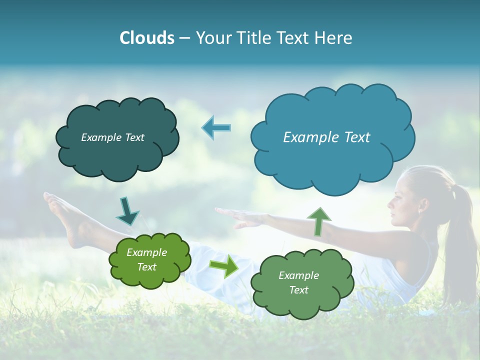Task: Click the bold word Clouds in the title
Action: (x=146, y=38)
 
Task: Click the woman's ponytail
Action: (x=459, y=235)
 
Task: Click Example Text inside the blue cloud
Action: (x=326, y=137)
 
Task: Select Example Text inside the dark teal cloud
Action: (x=112, y=137)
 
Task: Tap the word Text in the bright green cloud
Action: (x=147, y=267)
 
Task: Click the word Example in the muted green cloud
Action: (x=298, y=275)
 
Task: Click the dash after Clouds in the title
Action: (x=184, y=38)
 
